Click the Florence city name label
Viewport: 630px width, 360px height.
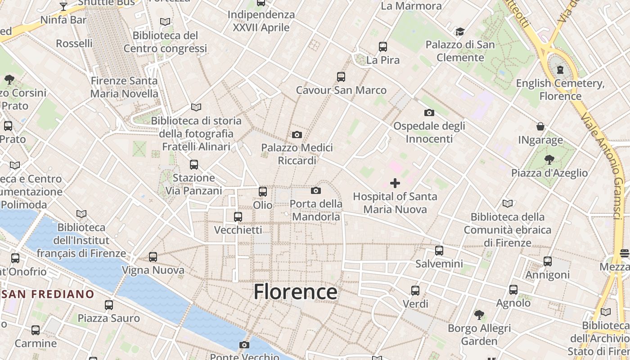(295, 292)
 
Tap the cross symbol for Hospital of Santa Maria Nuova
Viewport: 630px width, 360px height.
(395, 183)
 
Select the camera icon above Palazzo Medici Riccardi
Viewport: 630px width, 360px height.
(297, 135)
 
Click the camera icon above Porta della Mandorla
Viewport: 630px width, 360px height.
(316, 191)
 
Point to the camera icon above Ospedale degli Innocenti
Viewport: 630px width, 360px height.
(429, 113)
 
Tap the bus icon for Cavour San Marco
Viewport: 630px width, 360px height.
(341, 77)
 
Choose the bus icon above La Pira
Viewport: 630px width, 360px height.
(383, 47)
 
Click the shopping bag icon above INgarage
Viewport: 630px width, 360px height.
(540, 127)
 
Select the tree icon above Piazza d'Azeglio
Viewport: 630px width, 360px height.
(549, 159)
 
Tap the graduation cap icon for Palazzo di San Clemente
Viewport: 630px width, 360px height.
(460, 31)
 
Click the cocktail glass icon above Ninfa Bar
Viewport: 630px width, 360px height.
(63, 7)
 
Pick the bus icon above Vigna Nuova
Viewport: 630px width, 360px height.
(153, 257)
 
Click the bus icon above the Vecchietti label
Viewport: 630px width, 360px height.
(238, 217)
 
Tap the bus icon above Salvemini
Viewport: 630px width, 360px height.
(439, 251)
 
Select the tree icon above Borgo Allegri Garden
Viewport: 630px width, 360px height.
(479, 315)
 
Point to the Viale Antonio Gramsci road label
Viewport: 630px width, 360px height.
(603, 166)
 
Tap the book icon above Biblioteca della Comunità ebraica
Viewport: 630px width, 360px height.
(508, 203)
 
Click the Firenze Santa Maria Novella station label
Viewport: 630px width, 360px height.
(124, 87)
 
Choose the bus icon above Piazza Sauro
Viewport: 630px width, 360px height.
(109, 305)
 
